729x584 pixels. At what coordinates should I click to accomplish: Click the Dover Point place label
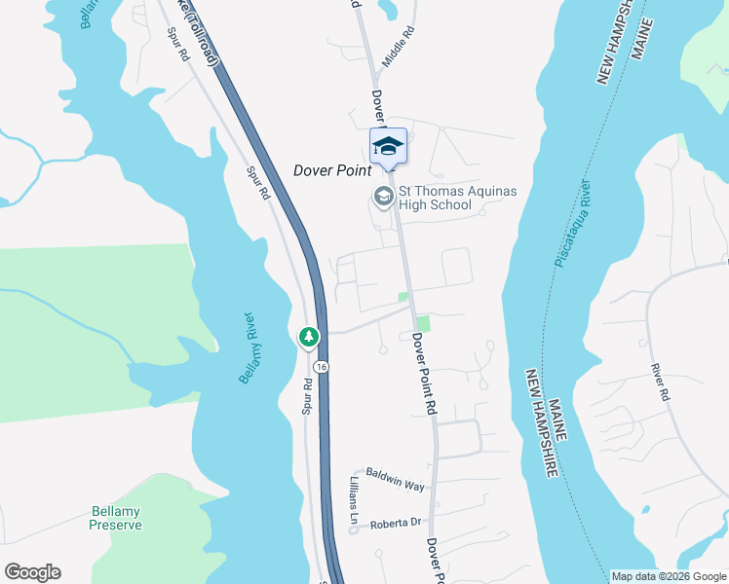332,170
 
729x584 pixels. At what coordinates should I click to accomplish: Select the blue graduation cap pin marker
388,146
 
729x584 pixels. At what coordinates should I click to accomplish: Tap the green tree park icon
309,337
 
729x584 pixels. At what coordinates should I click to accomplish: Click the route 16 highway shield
321,366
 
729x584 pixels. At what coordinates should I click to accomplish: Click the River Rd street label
660,383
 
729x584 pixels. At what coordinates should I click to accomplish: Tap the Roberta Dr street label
395,524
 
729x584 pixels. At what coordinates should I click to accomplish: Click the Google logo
32,572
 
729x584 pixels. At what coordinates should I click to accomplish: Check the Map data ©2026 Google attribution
668,576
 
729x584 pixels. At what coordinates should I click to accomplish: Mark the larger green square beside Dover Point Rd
423,322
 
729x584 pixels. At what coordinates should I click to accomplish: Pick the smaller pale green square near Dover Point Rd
403,297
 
